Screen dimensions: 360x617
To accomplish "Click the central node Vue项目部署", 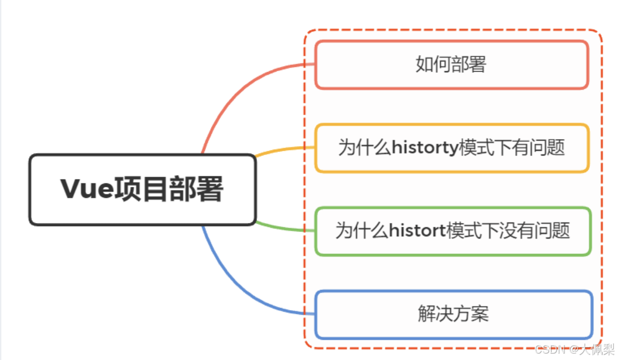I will pos(142,190).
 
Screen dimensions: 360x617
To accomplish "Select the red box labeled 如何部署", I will pos(451,64).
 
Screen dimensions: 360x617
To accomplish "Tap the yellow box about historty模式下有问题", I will pos(451,148).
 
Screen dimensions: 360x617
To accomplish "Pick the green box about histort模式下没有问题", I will pos(452,231).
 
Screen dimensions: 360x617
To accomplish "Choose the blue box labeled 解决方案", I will pos(453,314).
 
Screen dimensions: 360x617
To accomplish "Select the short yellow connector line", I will pos(281,150).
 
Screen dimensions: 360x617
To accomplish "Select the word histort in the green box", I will pos(417,231).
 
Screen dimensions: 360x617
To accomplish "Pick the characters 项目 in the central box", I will pos(142,190).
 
